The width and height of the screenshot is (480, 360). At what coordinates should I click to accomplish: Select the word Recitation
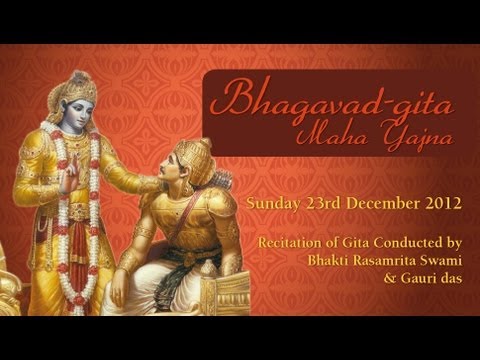click(x=290, y=242)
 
